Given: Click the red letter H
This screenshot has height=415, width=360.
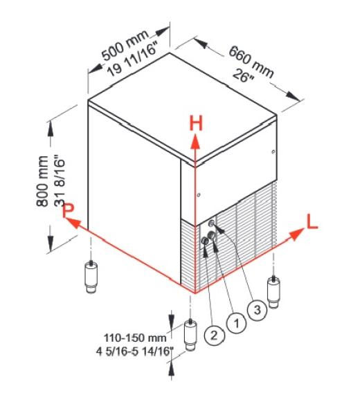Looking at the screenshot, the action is click(x=196, y=123).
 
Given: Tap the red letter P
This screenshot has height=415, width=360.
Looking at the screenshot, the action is click(x=69, y=210).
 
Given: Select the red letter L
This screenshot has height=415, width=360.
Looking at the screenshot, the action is click(x=312, y=222).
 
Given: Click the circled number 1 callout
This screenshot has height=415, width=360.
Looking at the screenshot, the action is click(x=236, y=323).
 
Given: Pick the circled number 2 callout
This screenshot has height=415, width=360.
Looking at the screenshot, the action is click(x=215, y=335).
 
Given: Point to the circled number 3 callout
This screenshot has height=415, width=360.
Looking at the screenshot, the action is click(x=258, y=310).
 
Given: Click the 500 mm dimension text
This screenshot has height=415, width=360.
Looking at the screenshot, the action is click(x=125, y=46).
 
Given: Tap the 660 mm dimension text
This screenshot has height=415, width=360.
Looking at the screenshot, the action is click(x=251, y=62).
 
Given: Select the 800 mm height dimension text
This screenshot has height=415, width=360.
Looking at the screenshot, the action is click(x=42, y=181).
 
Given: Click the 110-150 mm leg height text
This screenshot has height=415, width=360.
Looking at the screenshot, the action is click(x=135, y=338).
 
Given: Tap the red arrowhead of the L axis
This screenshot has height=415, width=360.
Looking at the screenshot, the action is click(x=296, y=234).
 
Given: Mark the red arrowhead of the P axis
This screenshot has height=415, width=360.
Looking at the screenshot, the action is click(x=73, y=223).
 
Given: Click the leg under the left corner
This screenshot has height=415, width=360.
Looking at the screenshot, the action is click(x=91, y=277).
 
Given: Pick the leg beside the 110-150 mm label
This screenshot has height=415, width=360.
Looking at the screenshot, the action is click(x=190, y=335).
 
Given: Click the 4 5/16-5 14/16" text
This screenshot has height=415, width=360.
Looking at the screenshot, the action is click(x=134, y=352).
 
